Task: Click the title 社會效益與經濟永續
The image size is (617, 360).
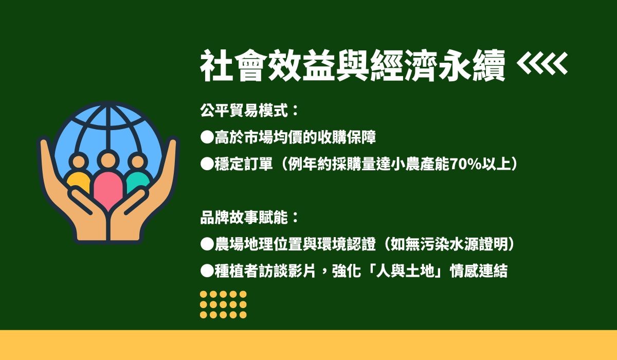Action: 353,65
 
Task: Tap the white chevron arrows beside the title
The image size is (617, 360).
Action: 542,64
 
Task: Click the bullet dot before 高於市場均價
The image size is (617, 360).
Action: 207,137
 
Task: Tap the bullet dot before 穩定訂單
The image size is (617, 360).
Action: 207,164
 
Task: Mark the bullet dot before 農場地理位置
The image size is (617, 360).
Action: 207,244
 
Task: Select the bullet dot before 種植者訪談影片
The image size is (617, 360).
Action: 207,271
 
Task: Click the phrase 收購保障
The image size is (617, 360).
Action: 346,137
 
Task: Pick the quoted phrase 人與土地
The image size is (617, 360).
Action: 405,271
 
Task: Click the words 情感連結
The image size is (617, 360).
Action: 479,271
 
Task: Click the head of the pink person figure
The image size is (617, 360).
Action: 108,160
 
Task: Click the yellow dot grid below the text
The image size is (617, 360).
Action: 223,304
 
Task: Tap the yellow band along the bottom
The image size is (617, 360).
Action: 308,345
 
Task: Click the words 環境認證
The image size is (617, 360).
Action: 346,244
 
